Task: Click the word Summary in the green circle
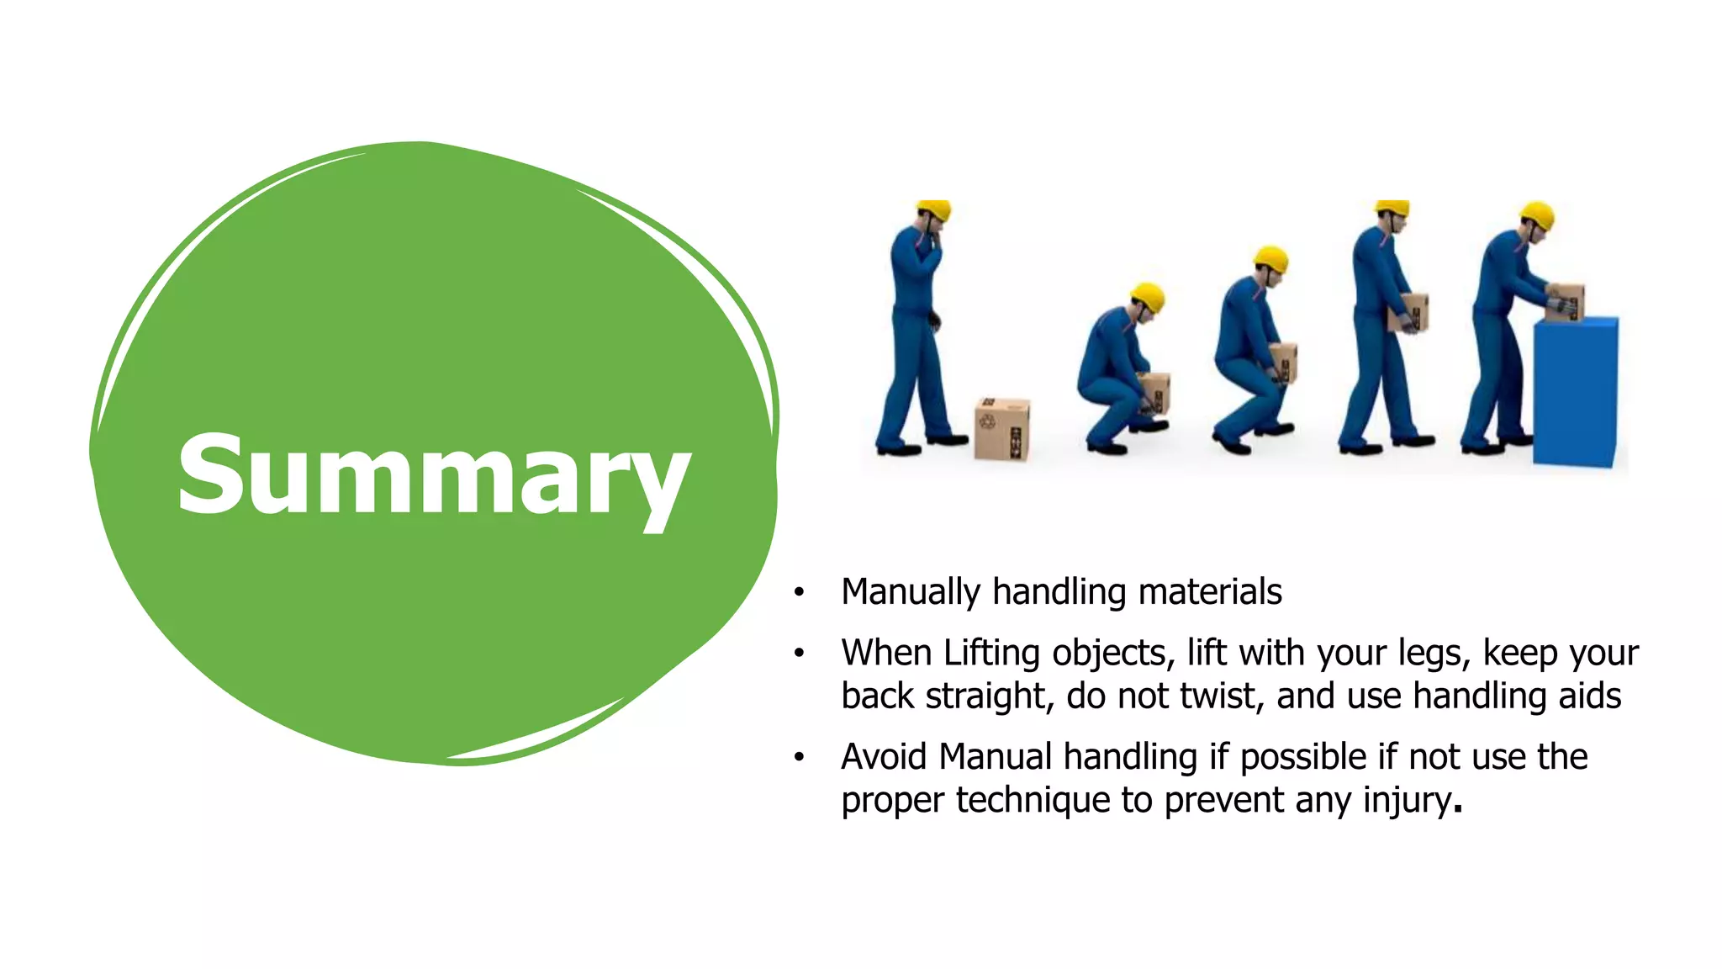[x=434, y=475]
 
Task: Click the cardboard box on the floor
[x=1001, y=429]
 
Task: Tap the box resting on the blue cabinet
[x=1566, y=301]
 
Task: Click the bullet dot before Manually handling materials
[x=799, y=593]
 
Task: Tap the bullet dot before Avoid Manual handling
[x=799, y=758]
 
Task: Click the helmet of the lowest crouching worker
[x=1148, y=296]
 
